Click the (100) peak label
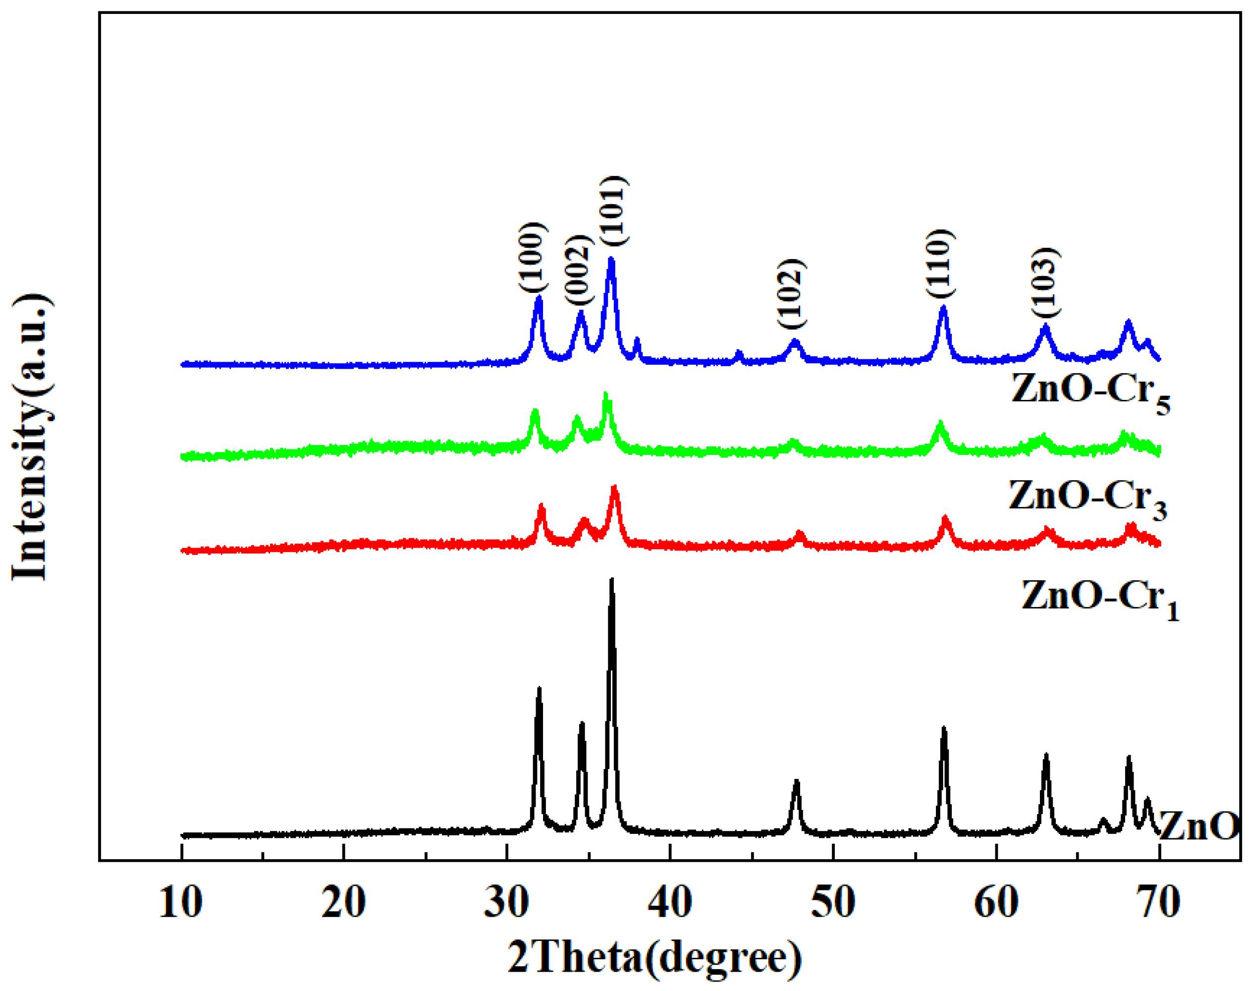(533, 258)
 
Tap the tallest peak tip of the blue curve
(610, 259)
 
